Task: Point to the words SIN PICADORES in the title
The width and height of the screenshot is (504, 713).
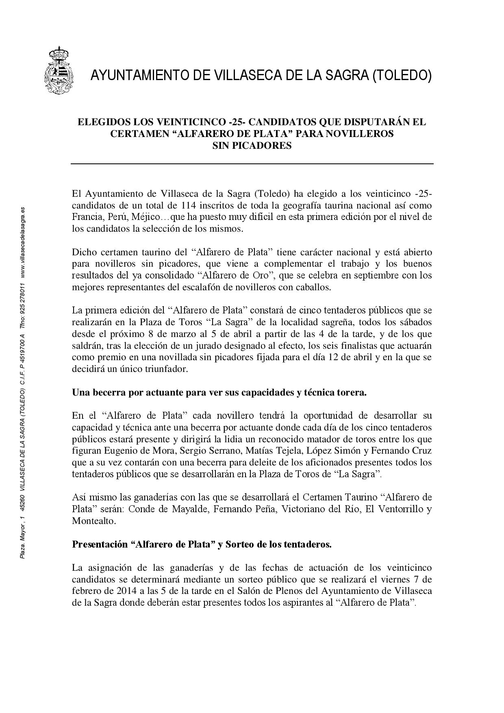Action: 252,146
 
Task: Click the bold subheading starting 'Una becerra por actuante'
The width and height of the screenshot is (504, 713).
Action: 219,393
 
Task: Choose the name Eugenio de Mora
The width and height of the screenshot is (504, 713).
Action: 139,451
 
